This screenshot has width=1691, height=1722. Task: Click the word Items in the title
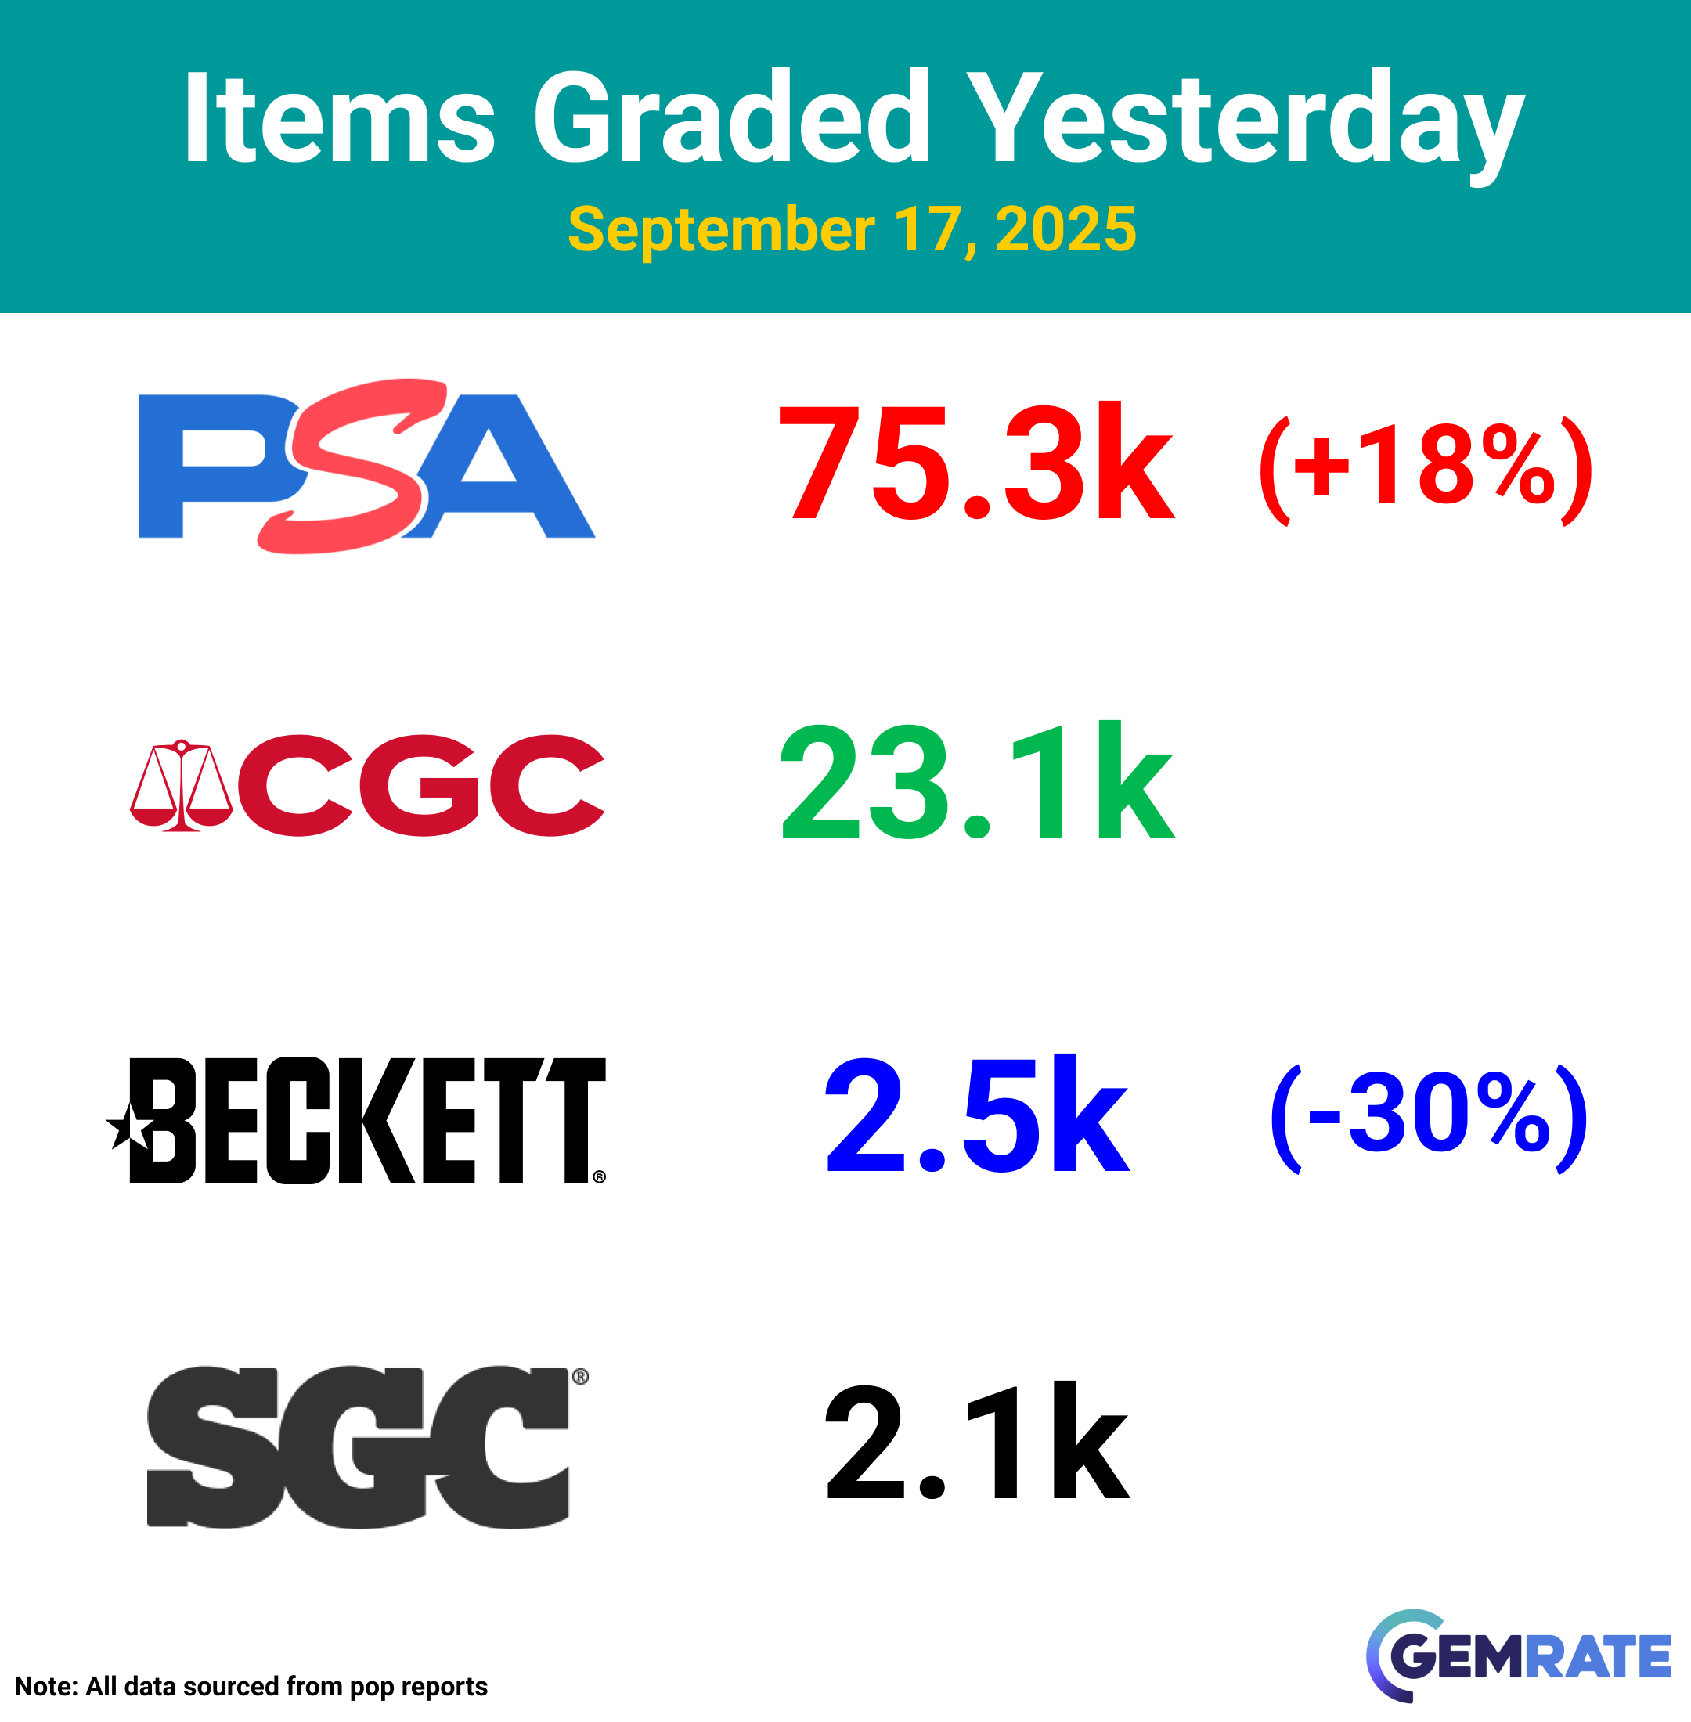click(338, 118)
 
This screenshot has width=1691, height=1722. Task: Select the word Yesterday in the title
click(1246, 125)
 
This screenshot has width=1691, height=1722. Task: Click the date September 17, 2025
click(852, 229)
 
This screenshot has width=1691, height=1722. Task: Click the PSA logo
click(367, 467)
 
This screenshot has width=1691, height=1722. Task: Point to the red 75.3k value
click(977, 462)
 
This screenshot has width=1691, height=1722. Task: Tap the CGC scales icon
click(181, 785)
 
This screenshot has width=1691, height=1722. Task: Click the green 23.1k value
click(977, 781)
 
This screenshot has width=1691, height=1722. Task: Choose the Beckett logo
click(356, 1120)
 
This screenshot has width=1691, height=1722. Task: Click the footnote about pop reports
click(251, 1688)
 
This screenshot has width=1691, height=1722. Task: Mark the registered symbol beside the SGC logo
click(580, 1378)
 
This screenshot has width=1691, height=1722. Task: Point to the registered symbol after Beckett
click(600, 1176)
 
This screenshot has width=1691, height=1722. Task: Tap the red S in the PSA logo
click(352, 467)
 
